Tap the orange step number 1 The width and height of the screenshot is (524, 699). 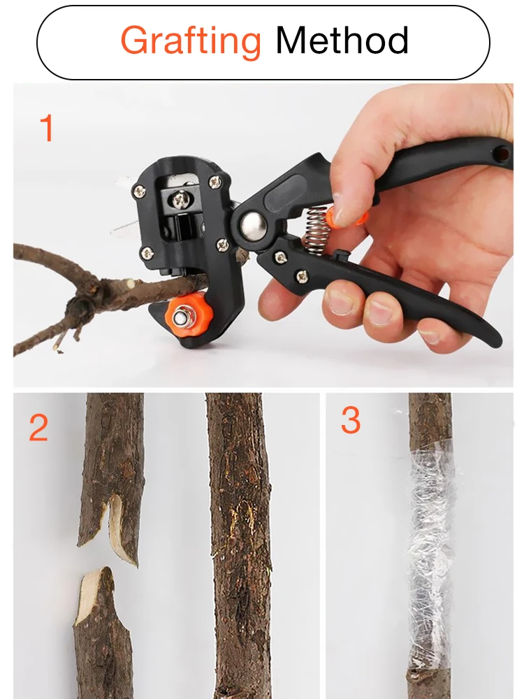[47, 129]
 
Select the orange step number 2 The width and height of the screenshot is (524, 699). [39, 428]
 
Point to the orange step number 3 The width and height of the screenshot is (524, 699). [351, 421]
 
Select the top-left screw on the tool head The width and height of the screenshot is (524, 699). [141, 189]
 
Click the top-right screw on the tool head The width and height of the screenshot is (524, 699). [215, 181]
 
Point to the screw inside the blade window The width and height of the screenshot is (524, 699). [181, 201]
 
